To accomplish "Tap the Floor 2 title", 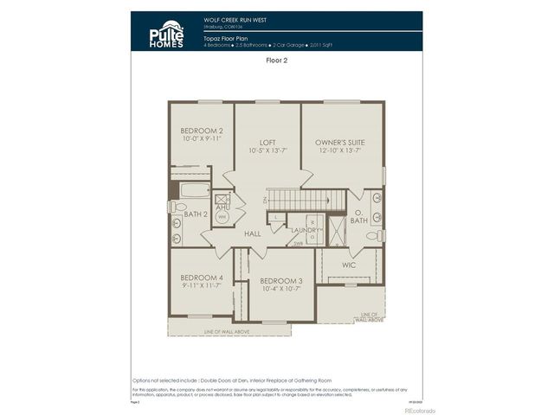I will click(277, 61).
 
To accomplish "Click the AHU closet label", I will click(222, 207).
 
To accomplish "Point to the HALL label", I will click(253, 233).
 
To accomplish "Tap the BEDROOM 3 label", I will click(281, 281).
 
